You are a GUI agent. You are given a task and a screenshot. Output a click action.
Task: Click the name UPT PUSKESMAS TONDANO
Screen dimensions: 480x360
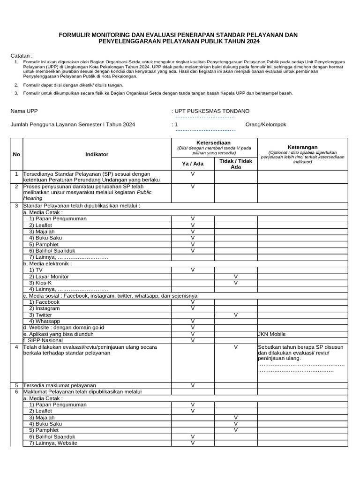pos(212,111)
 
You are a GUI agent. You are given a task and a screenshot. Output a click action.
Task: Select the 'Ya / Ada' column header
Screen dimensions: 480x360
pos(193,164)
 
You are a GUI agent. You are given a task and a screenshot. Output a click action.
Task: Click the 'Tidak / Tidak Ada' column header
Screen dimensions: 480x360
pos(236,164)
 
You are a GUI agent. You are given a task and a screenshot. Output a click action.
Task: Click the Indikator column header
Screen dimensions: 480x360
pos(97,154)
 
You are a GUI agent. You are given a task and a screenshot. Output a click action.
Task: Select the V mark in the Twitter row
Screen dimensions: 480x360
pos(236,315)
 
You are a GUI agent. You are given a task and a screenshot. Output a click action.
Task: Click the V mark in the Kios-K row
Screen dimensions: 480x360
pos(236,283)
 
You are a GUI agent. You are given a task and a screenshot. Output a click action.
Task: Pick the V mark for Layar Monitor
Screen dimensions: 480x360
pos(236,277)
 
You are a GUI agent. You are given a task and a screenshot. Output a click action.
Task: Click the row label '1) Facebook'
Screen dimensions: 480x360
pos(44,302)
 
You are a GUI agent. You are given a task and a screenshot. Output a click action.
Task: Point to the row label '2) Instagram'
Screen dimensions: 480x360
pos(44,308)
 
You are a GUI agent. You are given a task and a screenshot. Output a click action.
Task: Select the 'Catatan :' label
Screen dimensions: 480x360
pos(22,55)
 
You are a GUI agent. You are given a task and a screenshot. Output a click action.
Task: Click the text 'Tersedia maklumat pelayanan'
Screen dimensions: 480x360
pos(59,385)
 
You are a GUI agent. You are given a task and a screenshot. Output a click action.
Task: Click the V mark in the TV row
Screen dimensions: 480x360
pos(193,270)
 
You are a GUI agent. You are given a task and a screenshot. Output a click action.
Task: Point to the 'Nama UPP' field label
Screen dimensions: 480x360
pos(24,111)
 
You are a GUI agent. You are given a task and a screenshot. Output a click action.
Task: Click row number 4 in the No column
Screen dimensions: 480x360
pos(16,347)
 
